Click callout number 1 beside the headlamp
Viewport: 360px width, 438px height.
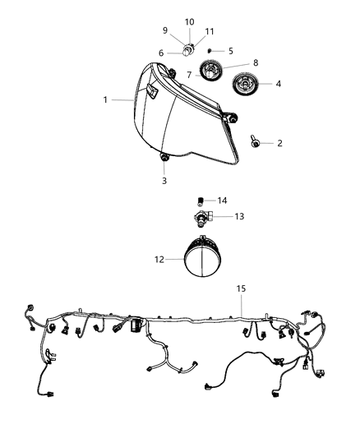[x=106, y=100]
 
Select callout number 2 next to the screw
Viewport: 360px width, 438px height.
[x=279, y=143]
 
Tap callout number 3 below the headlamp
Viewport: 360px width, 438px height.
[x=163, y=181]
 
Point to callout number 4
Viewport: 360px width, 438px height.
[x=279, y=83]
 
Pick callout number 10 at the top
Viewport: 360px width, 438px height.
[x=189, y=21]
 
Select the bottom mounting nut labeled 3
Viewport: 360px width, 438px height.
[x=163, y=157]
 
